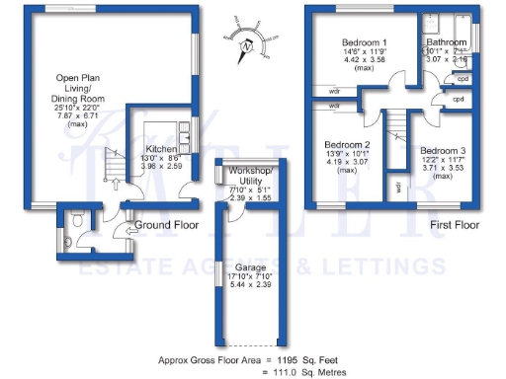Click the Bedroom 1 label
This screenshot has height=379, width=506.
(x=364, y=43)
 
